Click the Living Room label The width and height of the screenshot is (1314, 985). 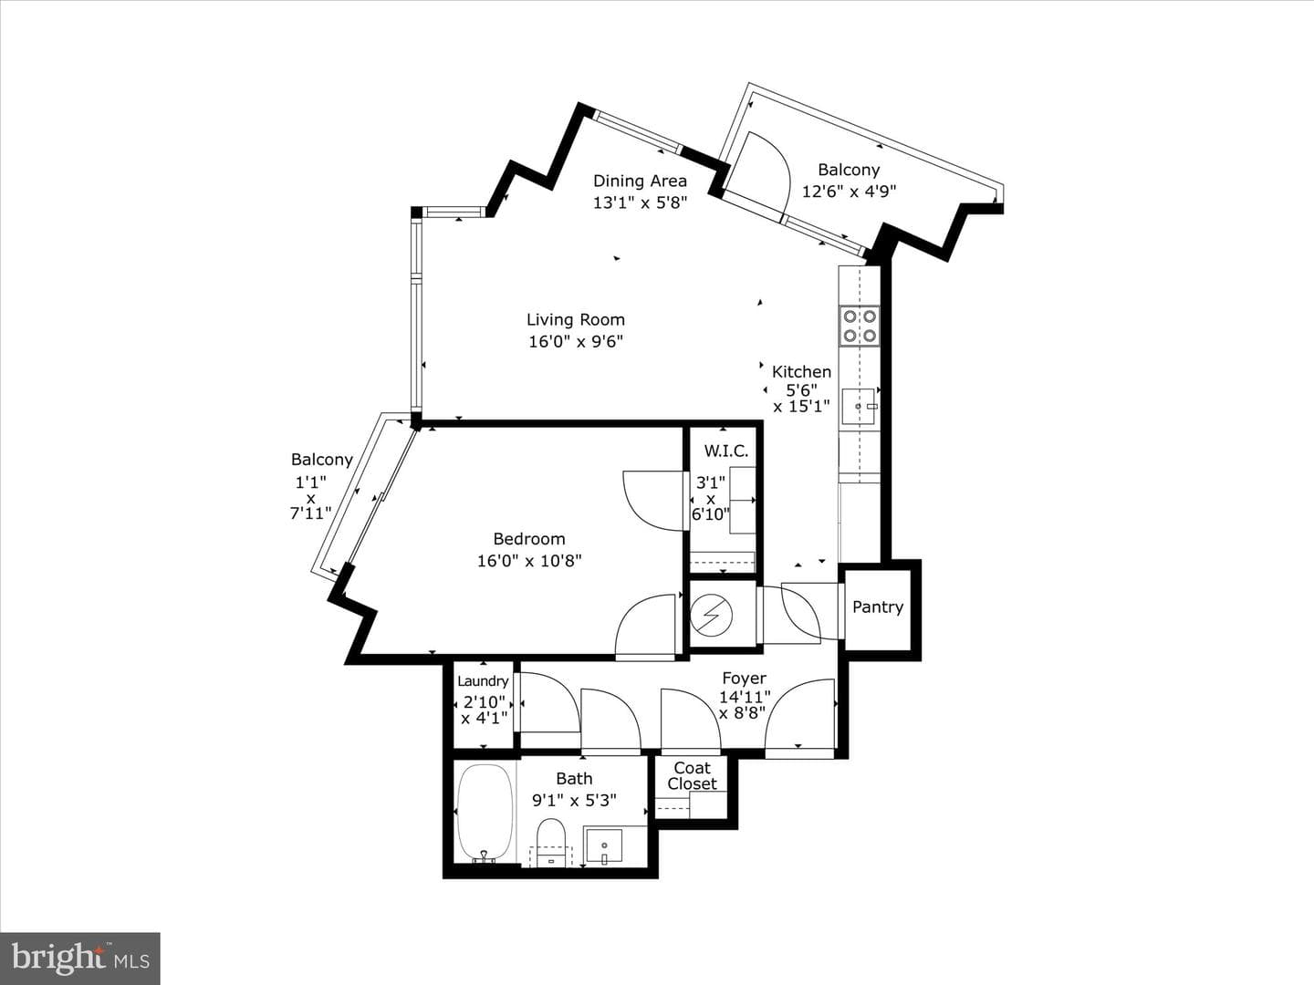point(575,320)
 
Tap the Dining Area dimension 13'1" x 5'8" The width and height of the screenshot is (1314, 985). point(640,202)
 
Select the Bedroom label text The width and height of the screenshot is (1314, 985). point(529,539)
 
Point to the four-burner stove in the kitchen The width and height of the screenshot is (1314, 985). point(860,326)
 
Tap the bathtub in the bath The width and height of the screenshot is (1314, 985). point(485,814)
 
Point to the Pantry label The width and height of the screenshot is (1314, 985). point(878,607)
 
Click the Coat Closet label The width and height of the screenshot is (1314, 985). point(692,775)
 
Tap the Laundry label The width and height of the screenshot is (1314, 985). point(483,681)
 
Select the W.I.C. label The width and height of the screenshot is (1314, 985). point(726,451)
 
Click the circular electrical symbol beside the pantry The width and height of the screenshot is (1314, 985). point(711,614)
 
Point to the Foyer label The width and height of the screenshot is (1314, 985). point(744,679)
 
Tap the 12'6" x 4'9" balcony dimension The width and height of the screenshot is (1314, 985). point(849,192)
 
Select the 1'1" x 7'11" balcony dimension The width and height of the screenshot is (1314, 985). point(310,498)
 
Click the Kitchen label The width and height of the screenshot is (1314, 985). point(801,372)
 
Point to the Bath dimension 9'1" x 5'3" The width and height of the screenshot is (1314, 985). point(574,800)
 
